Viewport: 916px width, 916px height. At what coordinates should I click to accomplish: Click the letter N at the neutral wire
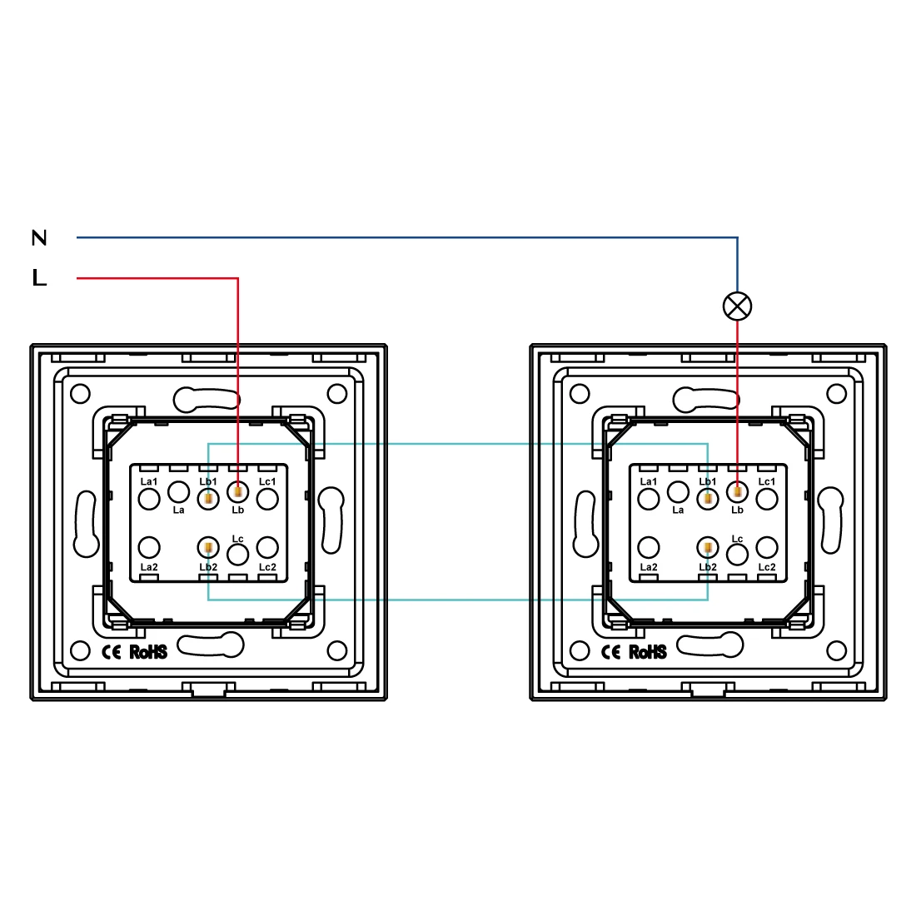point(39,238)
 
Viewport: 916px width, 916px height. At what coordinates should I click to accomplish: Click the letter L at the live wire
point(39,278)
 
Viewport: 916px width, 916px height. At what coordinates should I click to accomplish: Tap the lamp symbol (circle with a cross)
point(737,306)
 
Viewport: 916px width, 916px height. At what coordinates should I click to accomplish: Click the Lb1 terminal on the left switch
point(207,499)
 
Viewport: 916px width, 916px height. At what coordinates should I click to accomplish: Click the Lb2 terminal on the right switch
point(707,548)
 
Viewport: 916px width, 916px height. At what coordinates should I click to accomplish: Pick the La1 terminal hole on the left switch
point(149,499)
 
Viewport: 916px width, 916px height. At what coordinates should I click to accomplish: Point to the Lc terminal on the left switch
point(238,554)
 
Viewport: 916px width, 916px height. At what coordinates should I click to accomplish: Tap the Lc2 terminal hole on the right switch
point(766,548)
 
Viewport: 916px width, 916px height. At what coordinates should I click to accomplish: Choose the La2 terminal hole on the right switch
point(649,548)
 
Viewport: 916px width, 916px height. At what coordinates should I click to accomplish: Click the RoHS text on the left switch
point(148,652)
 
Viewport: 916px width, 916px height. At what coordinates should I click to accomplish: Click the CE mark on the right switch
point(611,652)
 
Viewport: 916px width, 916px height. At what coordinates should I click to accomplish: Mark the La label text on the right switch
point(678,510)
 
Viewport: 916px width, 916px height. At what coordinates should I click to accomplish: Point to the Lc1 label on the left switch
point(266,481)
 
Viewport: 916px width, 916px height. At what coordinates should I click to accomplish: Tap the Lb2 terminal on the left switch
point(207,548)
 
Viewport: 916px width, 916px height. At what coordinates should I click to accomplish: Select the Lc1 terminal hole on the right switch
point(766,499)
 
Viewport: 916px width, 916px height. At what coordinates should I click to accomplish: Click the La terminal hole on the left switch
point(178,491)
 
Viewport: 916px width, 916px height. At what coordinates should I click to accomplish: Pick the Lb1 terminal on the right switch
point(707,499)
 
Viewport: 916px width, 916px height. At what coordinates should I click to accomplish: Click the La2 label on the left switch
point(149,567)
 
